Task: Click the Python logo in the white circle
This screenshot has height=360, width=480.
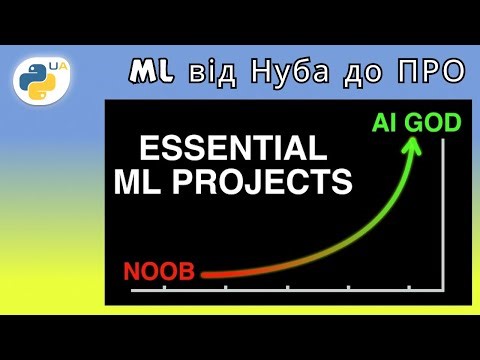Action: [41, 81]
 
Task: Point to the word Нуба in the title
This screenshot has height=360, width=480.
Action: [290, 72]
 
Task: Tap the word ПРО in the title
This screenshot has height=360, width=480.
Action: [430, 72]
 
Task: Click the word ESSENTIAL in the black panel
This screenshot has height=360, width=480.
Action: [231, 150]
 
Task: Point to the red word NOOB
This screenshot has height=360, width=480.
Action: [161, 270]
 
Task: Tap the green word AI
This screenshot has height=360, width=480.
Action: [385, 124]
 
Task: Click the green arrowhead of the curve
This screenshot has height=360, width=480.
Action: [411, 145]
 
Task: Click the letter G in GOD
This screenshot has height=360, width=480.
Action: [413, 124]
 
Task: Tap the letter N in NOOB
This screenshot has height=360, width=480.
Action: [131, 270]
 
